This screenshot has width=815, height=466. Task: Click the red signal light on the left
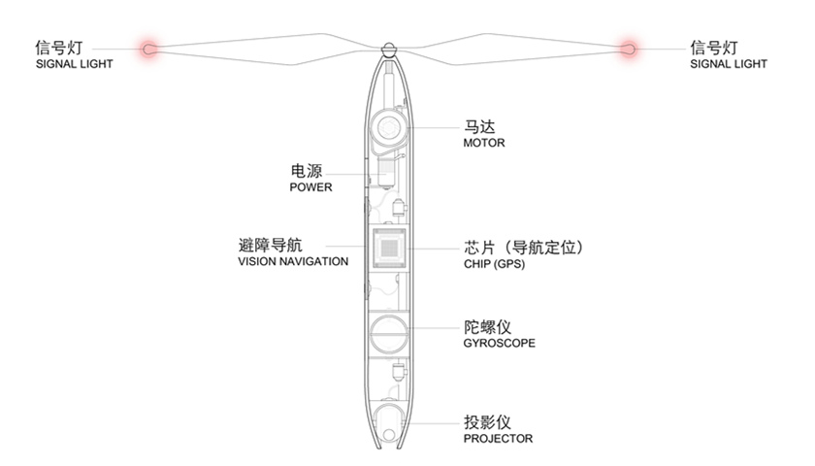tap(150, 47)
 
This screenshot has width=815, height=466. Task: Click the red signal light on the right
tap(628, 47)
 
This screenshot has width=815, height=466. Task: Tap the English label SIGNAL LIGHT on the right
tap(728, 64)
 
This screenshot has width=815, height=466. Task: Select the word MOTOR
tap(484, 143)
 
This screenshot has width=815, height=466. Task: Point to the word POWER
tap(310, 187)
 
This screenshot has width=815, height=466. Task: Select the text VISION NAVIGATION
tap(292, 261)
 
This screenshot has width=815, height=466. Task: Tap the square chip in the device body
tap(389, 249)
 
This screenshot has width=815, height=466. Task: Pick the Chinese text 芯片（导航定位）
tap(523, 247)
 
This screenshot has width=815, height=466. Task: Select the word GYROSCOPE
tap(499, 343)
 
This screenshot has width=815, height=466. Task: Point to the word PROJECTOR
tap(498, 439)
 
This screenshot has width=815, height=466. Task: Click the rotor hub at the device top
tap(389, 48)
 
